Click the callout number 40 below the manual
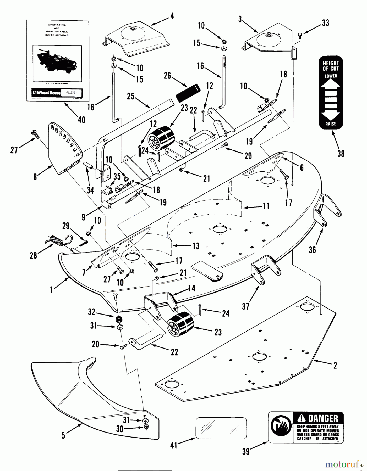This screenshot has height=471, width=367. coord(81,120)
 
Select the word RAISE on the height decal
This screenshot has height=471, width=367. coord(330,124)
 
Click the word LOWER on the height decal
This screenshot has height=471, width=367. coord(331,76)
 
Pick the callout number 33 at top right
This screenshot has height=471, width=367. coord(325,23)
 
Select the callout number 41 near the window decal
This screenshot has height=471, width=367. coord(174,445)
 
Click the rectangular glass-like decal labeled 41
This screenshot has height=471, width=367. coord(221,428)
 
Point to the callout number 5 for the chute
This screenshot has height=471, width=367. coord(63,435)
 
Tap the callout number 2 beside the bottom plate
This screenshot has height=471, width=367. coord(335,365)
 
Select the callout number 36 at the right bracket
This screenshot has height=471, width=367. coord(312,250)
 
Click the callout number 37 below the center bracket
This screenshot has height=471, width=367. coord(245,306)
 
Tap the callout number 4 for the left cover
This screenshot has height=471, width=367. coord(172,16)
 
